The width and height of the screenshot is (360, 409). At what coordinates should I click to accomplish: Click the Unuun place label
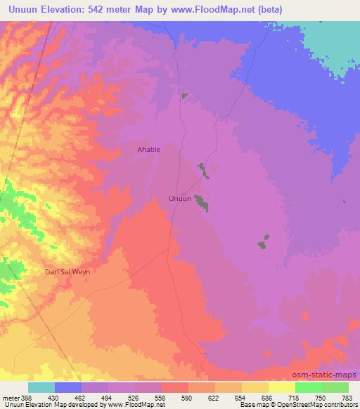[x=180, y=199]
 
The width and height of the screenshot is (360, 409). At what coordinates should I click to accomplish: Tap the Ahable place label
[x=148, y=149]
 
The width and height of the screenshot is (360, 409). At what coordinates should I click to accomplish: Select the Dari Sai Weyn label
[x=68, y=271]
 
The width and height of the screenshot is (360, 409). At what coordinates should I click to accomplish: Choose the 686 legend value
[x=255, y=397]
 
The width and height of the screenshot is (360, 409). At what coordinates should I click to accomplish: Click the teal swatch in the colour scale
[x=41, y=387]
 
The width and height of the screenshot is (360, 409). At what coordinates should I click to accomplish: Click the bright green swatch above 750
[x=309, y=387]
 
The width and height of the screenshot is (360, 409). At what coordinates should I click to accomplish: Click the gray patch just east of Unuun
[x=202, y=202]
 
